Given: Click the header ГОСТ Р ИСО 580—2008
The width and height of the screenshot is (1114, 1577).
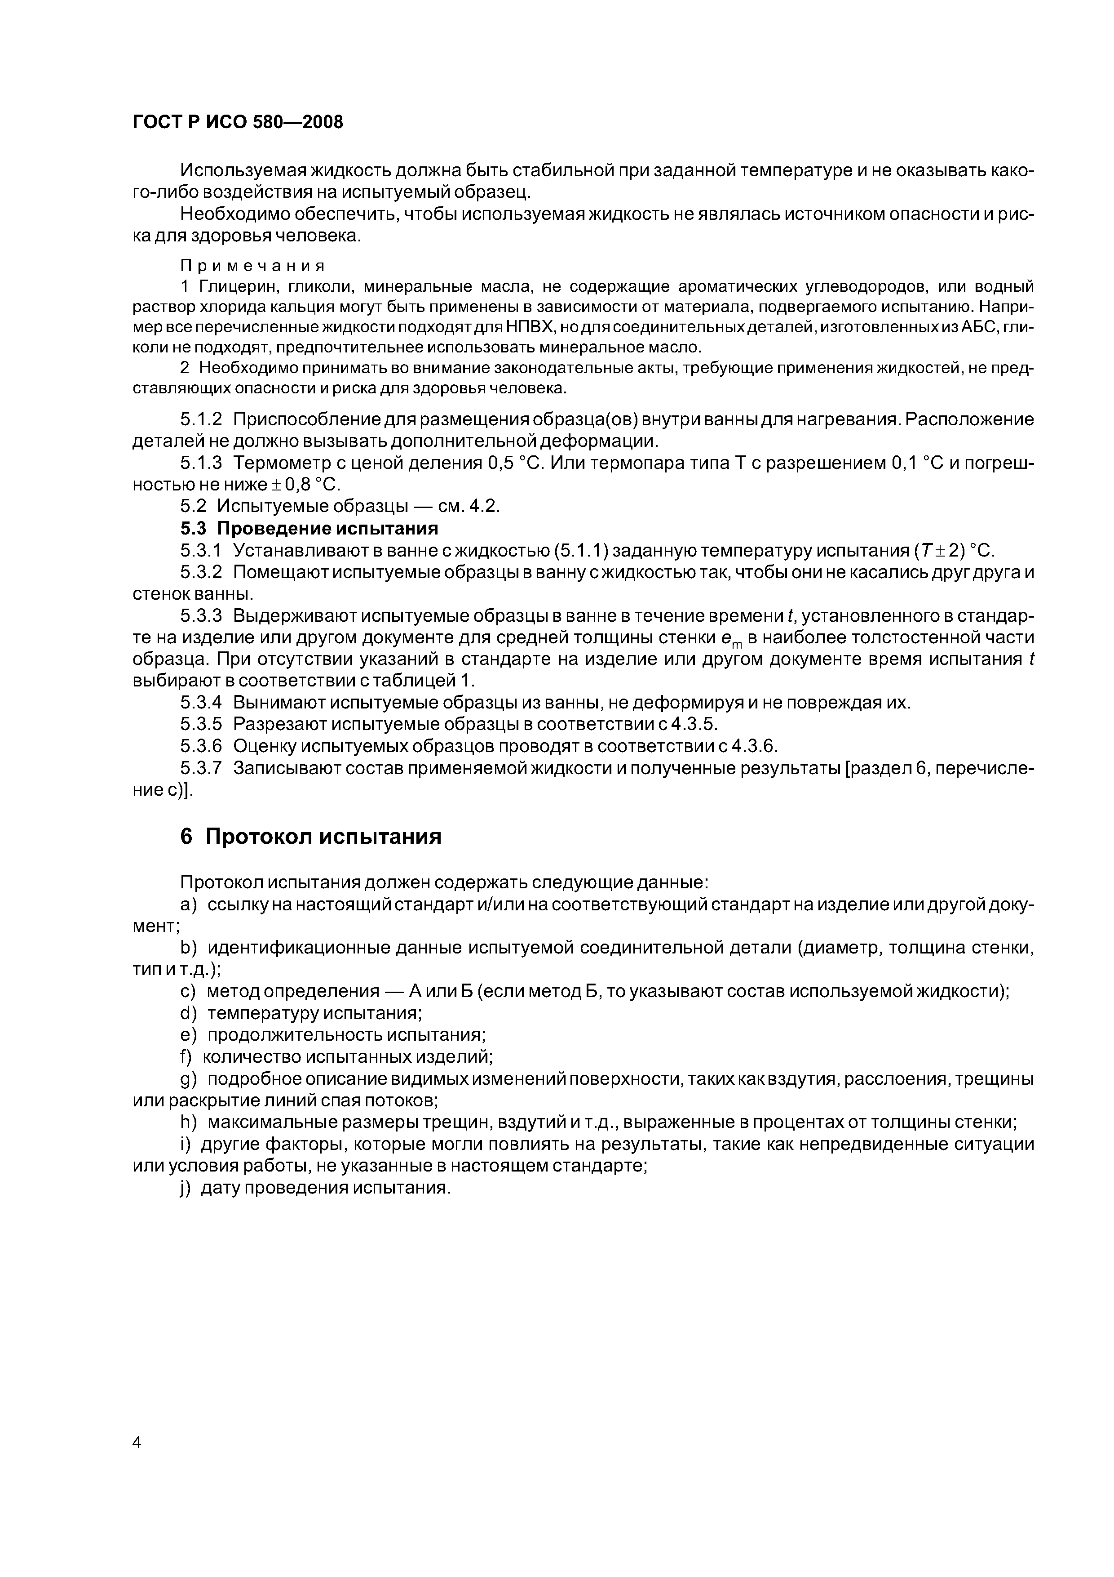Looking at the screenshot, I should pos(237,122).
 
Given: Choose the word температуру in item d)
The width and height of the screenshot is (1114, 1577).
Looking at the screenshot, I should pos(261,1013).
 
